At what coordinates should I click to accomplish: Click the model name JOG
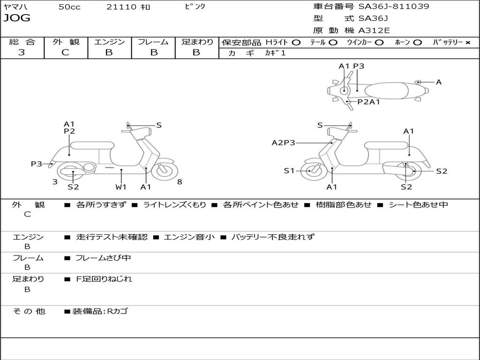pos(16,18)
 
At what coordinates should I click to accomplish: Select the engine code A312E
pos(374,31)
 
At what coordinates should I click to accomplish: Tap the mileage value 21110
pos(121,7)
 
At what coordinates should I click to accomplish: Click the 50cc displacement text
pos(68,7)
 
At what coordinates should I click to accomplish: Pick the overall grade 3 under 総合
pos(22,52)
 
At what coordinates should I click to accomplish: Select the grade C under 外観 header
pos(65,52)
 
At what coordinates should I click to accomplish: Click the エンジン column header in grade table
pos(109,42)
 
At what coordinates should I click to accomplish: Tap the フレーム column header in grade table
pos(153,42)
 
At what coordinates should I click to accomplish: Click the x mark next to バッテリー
pos(467,43)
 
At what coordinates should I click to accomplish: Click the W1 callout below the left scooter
pos(121,187)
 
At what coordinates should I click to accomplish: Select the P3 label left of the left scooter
pos(37,164)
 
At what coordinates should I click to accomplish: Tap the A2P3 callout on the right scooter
pos(284,143)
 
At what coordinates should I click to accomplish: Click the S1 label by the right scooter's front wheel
pos(289,171)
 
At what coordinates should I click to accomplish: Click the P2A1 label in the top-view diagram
pos(368,101)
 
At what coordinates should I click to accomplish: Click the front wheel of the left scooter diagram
pos(165,171)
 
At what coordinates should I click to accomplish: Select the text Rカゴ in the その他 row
pos(118,311)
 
